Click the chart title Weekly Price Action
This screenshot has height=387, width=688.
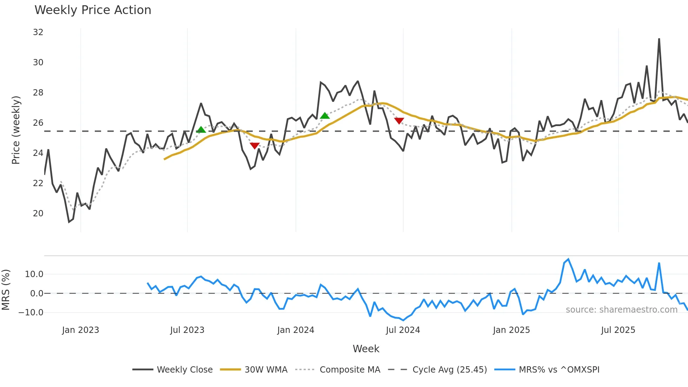(x=93, y=10)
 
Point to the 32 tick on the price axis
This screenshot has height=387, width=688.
(x=38, y=32)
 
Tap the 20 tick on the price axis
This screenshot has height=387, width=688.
(x=38, y=214)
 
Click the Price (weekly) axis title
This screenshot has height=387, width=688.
(x=16, y=130)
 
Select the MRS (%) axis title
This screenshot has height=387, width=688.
(x=6, y=290)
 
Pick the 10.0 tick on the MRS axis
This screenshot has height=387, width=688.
(x=34, y=274)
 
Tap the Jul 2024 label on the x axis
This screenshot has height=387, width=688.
(x=403, y=330)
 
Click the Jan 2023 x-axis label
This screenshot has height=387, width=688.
(x=80, y=330)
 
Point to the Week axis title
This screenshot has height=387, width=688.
(x=366, y=349)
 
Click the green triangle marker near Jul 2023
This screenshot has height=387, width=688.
(x=201, y=130)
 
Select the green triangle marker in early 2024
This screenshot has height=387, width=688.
(x=325, y=116)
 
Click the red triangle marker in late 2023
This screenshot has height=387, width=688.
(x=254, y=145)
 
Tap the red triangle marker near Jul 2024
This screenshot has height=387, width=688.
(x=399, y=121)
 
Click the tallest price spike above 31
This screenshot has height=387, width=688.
(x=659, y=39)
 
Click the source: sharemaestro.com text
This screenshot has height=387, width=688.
(x=621, y=310)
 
